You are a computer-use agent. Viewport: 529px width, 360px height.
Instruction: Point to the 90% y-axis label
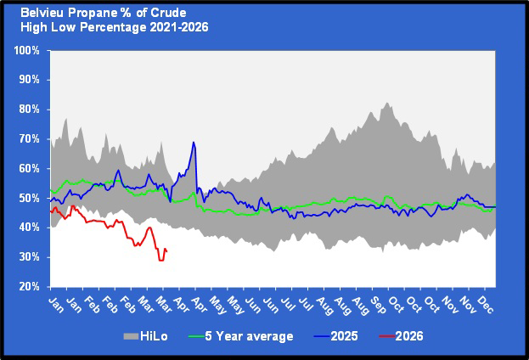pos(29,80)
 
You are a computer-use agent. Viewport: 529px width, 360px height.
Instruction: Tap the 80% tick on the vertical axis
pos(29,110)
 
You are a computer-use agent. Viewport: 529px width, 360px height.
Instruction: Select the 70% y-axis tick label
pos(29,139)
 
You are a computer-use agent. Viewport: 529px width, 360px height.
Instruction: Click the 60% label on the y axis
pos(29,168)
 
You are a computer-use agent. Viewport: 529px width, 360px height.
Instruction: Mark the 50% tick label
pos(29,198)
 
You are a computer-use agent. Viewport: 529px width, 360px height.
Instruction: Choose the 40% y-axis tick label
pos(29,228)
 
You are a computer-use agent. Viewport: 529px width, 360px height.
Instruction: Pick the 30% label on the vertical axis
pos(29,257)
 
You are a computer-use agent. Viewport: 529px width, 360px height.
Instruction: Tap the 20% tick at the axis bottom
pos(29,286)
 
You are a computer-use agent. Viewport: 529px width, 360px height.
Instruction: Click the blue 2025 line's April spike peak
pos(194,142)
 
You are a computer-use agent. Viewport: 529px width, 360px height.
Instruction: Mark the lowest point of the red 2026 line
pos(160,260)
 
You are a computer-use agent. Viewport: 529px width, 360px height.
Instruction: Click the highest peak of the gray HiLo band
pos(386,103)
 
